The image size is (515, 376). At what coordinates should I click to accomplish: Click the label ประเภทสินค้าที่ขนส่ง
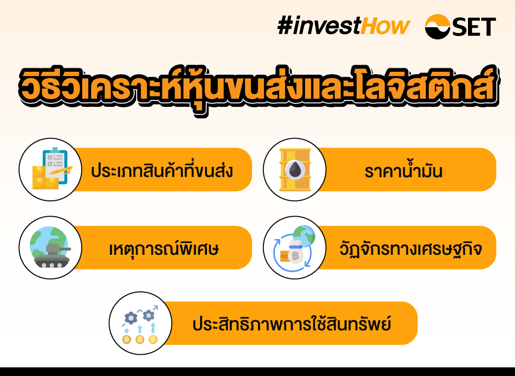162,171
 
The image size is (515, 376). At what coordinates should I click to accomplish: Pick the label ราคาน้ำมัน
403,171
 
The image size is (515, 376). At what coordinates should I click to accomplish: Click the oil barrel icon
295,169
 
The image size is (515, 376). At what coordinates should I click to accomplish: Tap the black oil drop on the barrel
295,170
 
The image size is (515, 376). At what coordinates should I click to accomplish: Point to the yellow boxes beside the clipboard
44,178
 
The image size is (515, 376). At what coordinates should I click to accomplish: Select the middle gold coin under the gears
140,339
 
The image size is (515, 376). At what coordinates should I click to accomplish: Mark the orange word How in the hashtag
385,26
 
